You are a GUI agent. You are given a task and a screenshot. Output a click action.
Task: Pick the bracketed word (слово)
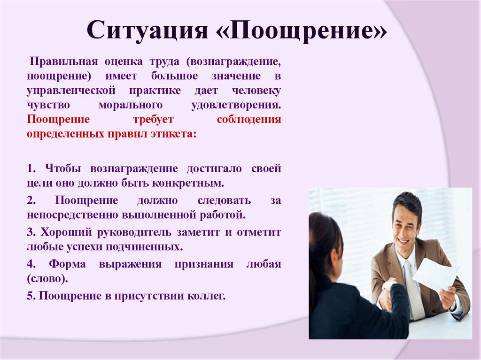click(47, 278)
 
